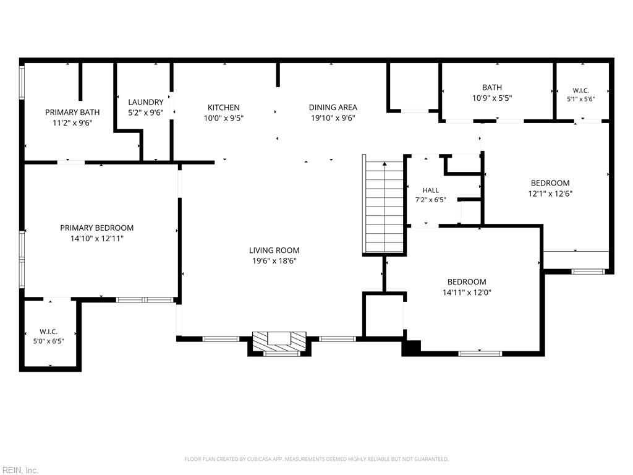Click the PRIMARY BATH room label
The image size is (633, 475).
72,113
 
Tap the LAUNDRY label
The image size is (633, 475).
146,102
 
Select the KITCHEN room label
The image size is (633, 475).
224,108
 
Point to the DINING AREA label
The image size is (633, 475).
333,108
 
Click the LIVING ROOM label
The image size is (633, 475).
274,250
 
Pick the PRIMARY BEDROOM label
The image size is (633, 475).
97,228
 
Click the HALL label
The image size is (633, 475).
431,190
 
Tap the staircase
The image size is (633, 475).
383,205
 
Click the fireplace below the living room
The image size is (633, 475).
279,343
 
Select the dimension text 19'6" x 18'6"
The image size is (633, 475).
274,261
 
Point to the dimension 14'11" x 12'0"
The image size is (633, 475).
467,293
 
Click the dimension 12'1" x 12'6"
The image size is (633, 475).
550,194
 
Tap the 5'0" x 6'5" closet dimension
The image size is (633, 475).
48,341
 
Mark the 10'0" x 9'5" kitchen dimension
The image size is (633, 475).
224,118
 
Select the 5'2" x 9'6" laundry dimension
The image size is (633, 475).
146,113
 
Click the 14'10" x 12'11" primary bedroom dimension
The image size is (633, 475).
97,238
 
